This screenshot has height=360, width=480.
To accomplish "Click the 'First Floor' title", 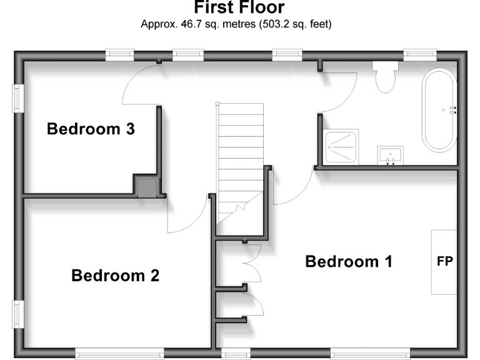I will (x=239, y=8).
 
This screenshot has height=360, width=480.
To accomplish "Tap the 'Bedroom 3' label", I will (x=91, y=129).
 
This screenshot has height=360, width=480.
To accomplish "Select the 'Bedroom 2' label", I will (x=115, y=275).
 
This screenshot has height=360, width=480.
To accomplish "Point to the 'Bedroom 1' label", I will (x=349, y=261).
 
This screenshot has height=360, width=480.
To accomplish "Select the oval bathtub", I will (x=440, y=110).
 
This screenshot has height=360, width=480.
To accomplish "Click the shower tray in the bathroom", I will (x=341, y=147).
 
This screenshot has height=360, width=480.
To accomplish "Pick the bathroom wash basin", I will (x=390, y=154).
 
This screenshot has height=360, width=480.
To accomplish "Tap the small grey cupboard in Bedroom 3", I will (x=147, y=186).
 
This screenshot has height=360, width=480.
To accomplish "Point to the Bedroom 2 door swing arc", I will (x=187, y=216).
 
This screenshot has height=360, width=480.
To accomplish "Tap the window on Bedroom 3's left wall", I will (x=17, y=98).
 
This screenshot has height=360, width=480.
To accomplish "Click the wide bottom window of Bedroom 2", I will (x=119, y=354).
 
